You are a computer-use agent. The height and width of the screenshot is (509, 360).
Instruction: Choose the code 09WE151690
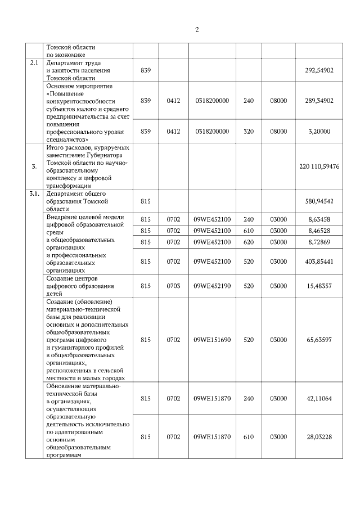point(212,340)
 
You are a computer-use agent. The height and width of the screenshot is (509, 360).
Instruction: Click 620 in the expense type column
point(249,241)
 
